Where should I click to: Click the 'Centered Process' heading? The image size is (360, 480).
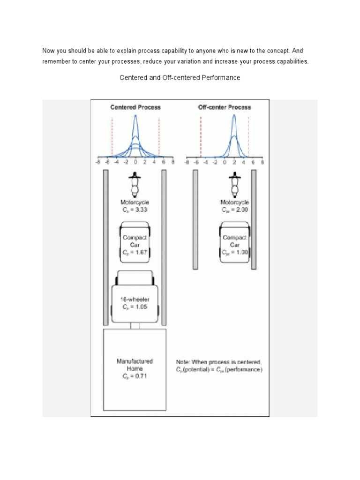(x=135, y=107)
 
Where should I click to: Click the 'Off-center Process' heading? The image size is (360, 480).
(x=224, y=107)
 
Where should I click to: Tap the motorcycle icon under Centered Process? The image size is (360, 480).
(x=135, y=184)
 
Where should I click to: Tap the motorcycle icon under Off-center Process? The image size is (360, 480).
(x=233, y=184)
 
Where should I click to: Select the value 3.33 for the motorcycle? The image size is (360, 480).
(x=139, y=210)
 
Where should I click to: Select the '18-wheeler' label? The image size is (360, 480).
(x=135, y=299)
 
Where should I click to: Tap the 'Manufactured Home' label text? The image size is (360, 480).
(x=135, y=365)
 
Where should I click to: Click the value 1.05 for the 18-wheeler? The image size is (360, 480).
(x=139, y=307)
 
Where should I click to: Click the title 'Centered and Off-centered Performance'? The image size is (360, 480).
(x=180, y=78)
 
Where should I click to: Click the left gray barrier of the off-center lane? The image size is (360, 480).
(x=195, y=219)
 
